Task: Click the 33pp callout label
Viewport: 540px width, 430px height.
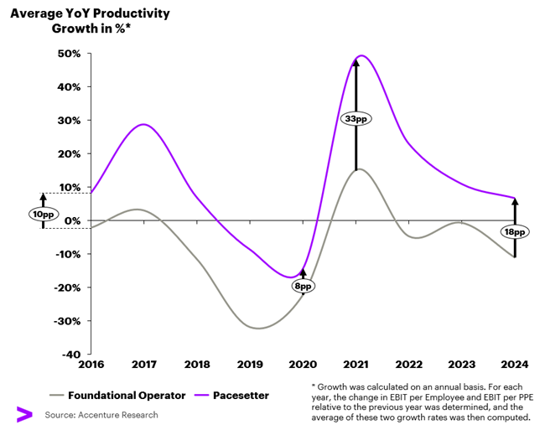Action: (x=356, y=119)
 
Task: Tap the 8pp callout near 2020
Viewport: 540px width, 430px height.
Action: (x=303, y=286)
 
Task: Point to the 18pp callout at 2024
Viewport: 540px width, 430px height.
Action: (x=514, y=231)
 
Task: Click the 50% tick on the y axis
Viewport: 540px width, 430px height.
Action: (x=69, y=54)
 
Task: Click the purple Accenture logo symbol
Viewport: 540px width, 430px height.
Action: (x=23, y=414)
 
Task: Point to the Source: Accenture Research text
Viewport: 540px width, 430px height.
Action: (x=101, y=415)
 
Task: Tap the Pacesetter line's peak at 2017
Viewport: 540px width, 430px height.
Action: (x=144, y=124)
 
